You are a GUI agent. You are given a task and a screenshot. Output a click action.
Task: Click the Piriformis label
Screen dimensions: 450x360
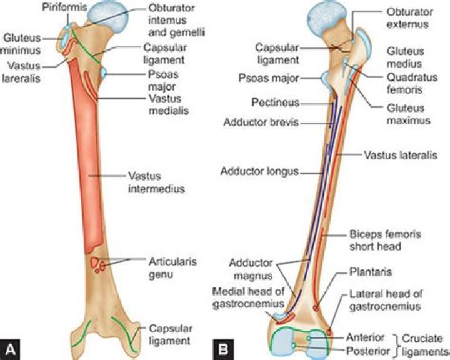coord(65,7)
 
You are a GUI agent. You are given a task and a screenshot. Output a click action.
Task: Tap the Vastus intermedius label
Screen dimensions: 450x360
coord(156,182)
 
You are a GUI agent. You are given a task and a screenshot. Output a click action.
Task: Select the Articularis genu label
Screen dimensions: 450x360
coord(172,268)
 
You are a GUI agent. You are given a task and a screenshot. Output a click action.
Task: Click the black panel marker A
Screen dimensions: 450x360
coord(11,349)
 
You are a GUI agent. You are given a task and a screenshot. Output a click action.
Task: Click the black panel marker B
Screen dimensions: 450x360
coord(224,349)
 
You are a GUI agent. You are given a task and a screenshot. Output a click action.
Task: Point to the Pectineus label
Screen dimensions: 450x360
coord(276,102)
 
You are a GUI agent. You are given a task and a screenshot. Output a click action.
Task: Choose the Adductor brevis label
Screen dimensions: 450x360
coord(261,122)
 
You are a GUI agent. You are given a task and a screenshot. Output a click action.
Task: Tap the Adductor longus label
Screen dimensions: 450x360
coord(260,171)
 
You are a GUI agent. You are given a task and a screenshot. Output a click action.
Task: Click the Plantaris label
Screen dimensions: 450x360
coord(371,272)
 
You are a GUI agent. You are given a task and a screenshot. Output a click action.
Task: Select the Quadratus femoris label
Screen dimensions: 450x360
coord(412,83)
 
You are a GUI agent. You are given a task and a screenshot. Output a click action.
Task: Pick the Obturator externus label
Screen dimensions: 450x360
coord(409,17)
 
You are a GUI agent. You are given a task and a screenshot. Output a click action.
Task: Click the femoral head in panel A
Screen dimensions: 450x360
coord(107,16)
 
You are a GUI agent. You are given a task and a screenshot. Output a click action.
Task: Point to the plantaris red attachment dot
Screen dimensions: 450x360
coord(316,308)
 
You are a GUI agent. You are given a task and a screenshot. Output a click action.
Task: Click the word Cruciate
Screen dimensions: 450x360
coord(422,339)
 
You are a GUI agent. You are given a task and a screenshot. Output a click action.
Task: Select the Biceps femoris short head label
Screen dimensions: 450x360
coord(385,240)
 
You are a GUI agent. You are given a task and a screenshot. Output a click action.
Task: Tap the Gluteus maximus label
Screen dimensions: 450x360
coord(409,114)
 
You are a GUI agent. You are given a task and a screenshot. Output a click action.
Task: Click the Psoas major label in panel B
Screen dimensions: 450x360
coord(269,77)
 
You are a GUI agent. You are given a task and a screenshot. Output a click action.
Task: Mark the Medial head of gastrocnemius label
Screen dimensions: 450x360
coord(249,297)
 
